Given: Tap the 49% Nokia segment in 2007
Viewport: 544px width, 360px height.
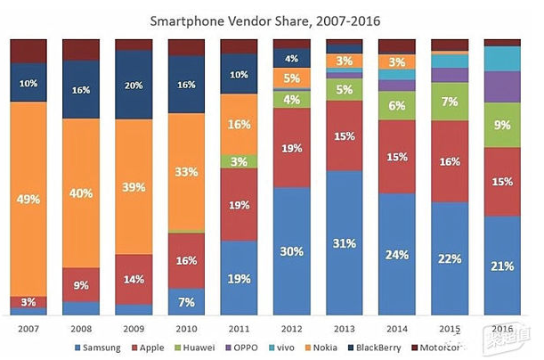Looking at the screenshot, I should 28,199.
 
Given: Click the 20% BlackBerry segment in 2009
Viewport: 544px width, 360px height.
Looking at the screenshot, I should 134,86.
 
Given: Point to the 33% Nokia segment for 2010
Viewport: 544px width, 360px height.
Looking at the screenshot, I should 186,172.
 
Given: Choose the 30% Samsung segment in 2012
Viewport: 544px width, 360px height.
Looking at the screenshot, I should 291,250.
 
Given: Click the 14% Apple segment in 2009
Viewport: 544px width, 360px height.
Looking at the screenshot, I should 134,279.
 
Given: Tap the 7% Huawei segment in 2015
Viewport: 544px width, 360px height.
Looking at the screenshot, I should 450,102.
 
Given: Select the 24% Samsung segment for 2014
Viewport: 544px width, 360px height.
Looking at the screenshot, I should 396,254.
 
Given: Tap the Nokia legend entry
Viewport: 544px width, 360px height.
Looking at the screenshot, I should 330,348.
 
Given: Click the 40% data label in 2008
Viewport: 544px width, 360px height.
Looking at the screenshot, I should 81,192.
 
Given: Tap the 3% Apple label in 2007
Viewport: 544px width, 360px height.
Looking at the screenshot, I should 28,303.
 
